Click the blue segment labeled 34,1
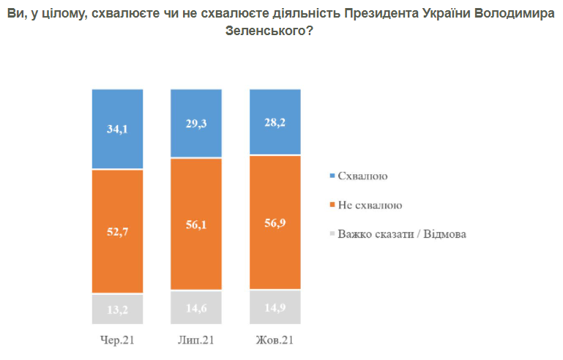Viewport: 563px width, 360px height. pos(117,129)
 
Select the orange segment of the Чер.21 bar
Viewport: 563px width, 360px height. pos(117,231)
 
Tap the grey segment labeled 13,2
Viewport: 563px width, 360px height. pos(117,310)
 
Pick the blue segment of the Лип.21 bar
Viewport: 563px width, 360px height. pos(196,123)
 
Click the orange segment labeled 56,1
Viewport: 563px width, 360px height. pos(196,224)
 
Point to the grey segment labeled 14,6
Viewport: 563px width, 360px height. pos(196,307)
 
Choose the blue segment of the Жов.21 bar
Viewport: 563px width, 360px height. pos(275,122)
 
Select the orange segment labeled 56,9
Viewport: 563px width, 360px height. pos(275,222)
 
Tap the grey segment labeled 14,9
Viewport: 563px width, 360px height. pos(275,307)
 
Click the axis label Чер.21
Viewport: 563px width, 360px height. pos(117,340)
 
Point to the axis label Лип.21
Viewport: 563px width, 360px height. pos(196,340)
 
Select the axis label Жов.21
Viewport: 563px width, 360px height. pos(275,340)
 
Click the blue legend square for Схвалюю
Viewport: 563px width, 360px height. pos(332,176)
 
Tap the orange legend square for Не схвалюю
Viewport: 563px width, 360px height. pos(332,205)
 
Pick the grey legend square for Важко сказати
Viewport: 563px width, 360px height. pos(332,233)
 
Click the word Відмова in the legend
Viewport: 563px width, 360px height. pos(445,234)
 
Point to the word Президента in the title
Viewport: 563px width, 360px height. pos(381,13)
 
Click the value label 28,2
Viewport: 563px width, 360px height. pos(275,122)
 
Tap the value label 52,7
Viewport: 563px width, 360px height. pos(117,231)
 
